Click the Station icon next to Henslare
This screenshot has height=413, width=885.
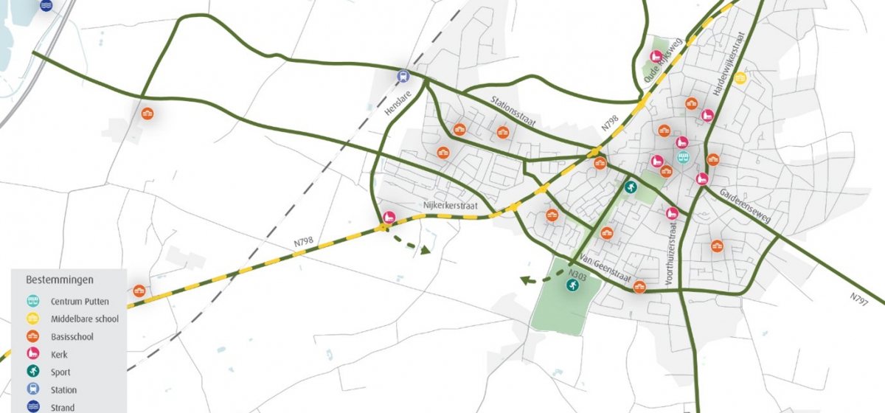pyautogui.click(x=403, y=75)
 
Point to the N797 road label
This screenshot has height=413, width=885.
pyautogui.click(x=858, y=299)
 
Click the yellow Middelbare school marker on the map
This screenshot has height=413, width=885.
pyautogui.click(x=740, y=77)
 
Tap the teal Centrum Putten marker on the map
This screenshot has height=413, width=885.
pyautogui.click(x=683, y=157)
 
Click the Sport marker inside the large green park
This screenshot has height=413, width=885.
pyautogui.click(x=572, y=285)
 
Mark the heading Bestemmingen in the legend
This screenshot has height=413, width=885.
pyautogui.click(x=60, y=280)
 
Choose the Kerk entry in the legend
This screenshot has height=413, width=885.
pyautogui.click(x=59, y=355)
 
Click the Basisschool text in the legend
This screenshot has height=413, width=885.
pyautogui.click(x=72, y=337)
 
